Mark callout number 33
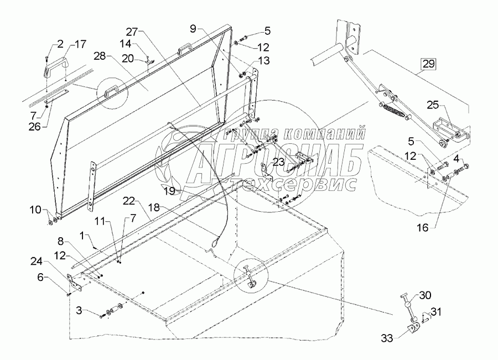pos(388,336)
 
